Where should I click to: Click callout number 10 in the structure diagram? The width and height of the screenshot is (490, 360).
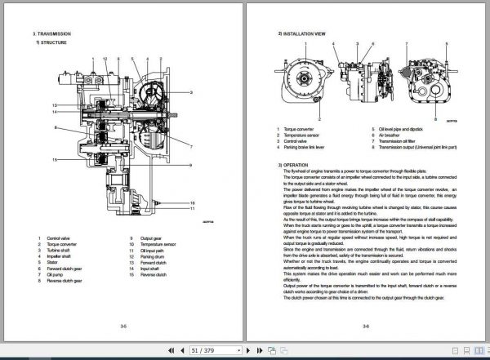click(x=216, y=201)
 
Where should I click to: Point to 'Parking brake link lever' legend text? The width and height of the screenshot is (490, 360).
click(x=309, y=147)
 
